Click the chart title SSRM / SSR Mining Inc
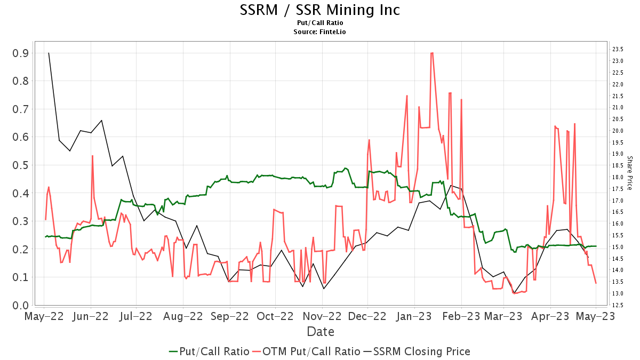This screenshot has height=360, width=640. pyautogui.click(x=320, y=10)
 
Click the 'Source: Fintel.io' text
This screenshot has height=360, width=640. pyautogui.click(x=320, y=31)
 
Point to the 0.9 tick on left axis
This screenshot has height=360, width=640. pyautogui.click(x=20, y=53)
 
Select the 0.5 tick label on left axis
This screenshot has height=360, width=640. pyautogui.click(x=20, y=165)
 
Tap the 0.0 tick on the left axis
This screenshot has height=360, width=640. pyautogui.click(x=20, y=305)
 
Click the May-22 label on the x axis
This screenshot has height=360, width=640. pyautogui.click(x=44, y=316)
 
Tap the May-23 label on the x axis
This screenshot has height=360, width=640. pyautogui.click(x=596, y=316)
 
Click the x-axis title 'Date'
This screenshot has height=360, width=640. pyautogui.click(x=320, y=332)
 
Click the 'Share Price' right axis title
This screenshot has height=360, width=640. pyautogui.click(x=629, y=173)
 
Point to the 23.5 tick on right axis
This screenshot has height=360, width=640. pyautogui.click(x=618, y=49)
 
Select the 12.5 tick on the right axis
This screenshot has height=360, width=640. pyautogui.click(x=618, y=305)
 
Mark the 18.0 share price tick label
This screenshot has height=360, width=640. pyautogui.click(x=618, y=177)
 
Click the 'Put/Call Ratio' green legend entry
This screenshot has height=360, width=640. pyautogui.click(x=209, y=351)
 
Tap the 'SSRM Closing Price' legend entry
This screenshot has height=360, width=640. pyautogui.click(x=417, y=351)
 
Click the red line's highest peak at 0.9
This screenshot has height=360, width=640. pyautogui.click(x=431, y=53)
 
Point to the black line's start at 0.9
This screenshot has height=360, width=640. pyautogui.click(x=49, y=53)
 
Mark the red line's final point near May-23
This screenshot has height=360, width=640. pyautogui.click(x=596, y=283)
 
